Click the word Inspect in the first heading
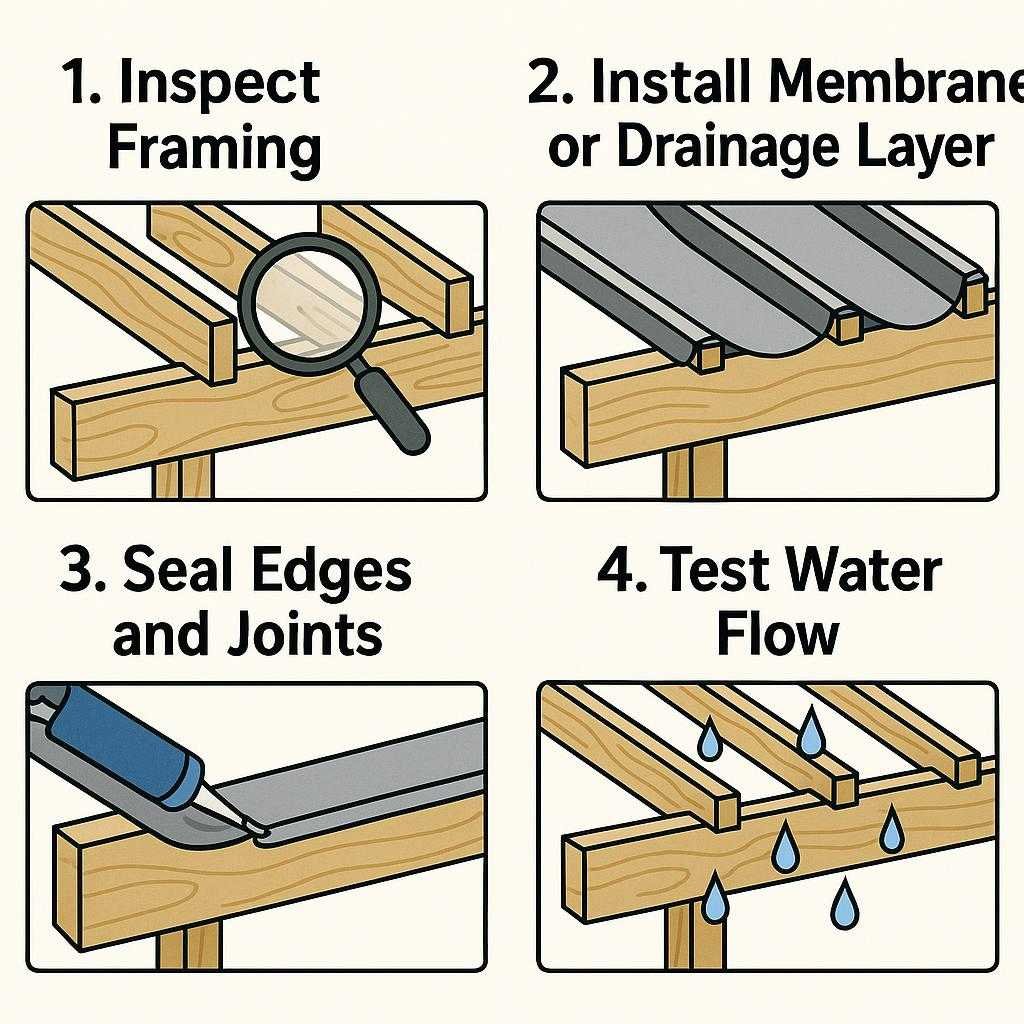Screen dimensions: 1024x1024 coord(220,84)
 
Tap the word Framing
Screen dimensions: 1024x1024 coord(214,148)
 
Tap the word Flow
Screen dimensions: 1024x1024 coord(777,633)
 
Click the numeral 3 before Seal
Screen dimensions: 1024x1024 coord(78,572)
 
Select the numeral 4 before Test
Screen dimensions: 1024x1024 coord(612,572)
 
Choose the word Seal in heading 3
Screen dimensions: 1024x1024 coord(176,572)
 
